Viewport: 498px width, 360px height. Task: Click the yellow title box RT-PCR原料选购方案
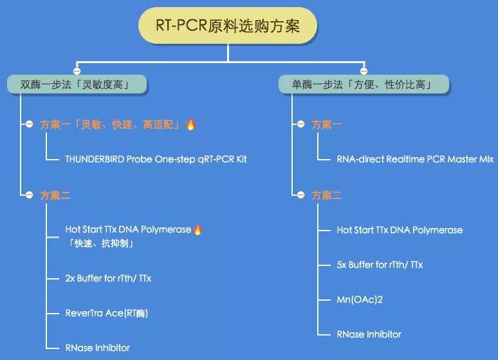228,26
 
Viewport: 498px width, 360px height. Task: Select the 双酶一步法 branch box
77,84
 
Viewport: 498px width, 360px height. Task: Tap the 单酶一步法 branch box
364,84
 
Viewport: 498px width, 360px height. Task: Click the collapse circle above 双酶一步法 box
77,71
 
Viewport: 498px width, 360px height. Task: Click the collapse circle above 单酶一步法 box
364,71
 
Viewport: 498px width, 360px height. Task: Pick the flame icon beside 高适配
190,124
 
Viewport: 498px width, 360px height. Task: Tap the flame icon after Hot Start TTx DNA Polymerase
198,229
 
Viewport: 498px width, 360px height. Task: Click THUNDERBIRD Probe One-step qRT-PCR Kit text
156,159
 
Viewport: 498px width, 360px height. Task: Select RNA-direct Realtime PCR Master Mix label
415,159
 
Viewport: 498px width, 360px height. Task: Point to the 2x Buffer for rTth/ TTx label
108,278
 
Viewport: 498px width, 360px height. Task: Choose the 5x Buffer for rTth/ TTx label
380,265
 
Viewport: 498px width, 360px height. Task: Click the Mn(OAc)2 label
360,299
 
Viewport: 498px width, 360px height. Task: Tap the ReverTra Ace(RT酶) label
107,313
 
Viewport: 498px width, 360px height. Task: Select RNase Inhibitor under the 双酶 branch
98,348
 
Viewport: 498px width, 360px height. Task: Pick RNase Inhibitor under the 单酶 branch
369,334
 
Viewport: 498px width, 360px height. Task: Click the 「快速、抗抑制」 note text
100,243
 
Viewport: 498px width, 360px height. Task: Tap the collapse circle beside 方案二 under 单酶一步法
300,194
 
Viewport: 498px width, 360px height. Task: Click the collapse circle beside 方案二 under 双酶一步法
29,194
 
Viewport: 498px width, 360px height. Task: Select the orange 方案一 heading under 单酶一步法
326,124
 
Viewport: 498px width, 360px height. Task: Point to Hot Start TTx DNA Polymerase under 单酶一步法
400,230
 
